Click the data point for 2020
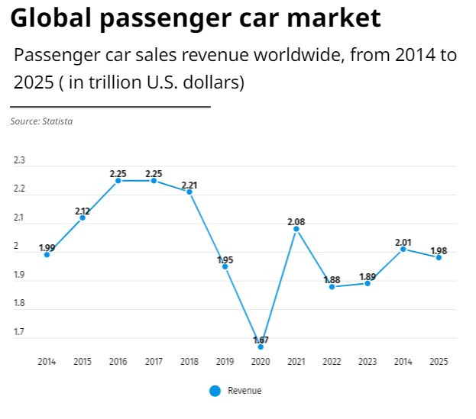pos(261,347)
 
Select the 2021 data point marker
pos(296,229)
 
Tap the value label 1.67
pos(261,340)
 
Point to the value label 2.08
pos(296,222)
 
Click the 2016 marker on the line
pos(118,181)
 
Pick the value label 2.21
pos(189,185)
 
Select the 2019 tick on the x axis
pos(225,362)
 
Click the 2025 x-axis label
pos(439,362)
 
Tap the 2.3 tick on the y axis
pos(19,161)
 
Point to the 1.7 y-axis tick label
pos(19,332)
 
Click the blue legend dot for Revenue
pos(215,391)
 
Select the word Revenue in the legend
pos(244,391)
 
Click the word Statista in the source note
pos(57,121)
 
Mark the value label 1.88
pos(332,279)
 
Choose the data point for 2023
pos(368,283)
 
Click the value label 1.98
pos(439,250)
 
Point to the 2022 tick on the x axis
pos(332,362)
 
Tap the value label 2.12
pos(83,211)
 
